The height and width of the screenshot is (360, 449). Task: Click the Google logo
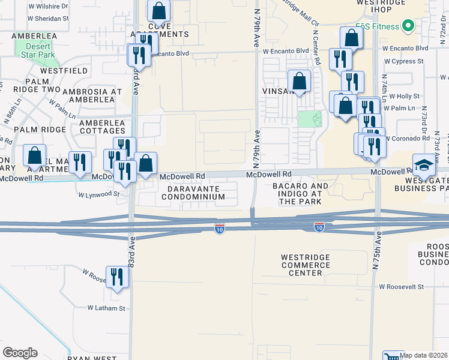coord(20,353)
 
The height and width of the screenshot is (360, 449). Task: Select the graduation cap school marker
coord(424,166)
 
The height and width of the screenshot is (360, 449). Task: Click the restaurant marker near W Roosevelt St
coord(117,277)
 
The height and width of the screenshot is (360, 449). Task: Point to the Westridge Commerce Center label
coord(310,265)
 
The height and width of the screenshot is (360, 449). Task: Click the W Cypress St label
coord(404,61)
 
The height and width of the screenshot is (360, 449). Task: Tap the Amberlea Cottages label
coord(103,127)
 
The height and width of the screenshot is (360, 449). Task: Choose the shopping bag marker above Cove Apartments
coord(158,11)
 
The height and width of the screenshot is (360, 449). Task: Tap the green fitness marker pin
coord(408,26)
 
